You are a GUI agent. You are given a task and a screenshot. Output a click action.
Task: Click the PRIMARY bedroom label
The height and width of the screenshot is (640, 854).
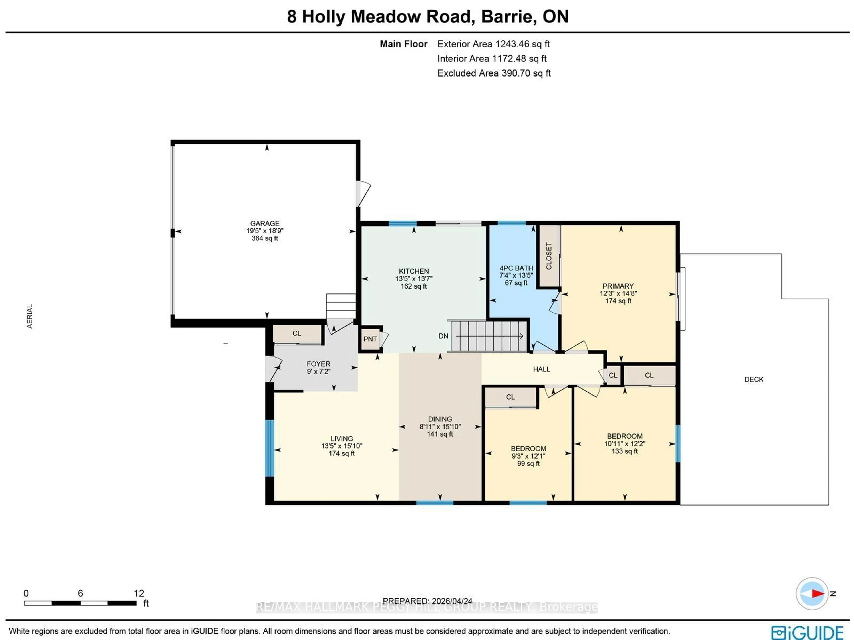coord(618,286)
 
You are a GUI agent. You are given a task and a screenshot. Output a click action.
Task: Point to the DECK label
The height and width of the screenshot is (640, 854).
coord(754,379)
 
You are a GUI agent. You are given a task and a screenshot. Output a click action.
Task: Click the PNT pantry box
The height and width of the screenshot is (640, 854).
coord(370,339)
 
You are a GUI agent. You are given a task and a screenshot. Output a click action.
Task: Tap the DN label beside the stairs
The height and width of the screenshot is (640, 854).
coord(443,336)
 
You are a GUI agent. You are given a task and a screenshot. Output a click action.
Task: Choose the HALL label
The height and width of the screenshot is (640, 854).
coord(541,369)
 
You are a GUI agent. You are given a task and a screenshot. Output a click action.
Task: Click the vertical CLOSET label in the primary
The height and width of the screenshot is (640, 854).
coord(549,256)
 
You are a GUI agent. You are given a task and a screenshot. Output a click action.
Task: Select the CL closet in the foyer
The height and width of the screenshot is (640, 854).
coord(296,333)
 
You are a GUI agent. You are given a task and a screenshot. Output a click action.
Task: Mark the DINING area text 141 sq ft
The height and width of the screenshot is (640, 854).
coord(440,434)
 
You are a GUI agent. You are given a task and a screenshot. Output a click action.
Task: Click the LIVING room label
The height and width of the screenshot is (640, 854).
coord(341,438)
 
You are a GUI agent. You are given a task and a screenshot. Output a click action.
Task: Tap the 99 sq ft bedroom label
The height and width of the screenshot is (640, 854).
coord(528,463)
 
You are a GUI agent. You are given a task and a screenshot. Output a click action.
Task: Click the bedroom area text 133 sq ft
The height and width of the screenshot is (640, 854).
coord(624,451)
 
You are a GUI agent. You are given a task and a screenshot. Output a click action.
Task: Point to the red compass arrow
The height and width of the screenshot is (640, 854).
coord(817,593)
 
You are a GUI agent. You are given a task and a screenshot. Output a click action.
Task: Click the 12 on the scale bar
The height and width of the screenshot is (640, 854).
coord(139,593)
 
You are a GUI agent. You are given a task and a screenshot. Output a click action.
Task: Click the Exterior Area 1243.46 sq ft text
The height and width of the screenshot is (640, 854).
coord(493,44)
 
